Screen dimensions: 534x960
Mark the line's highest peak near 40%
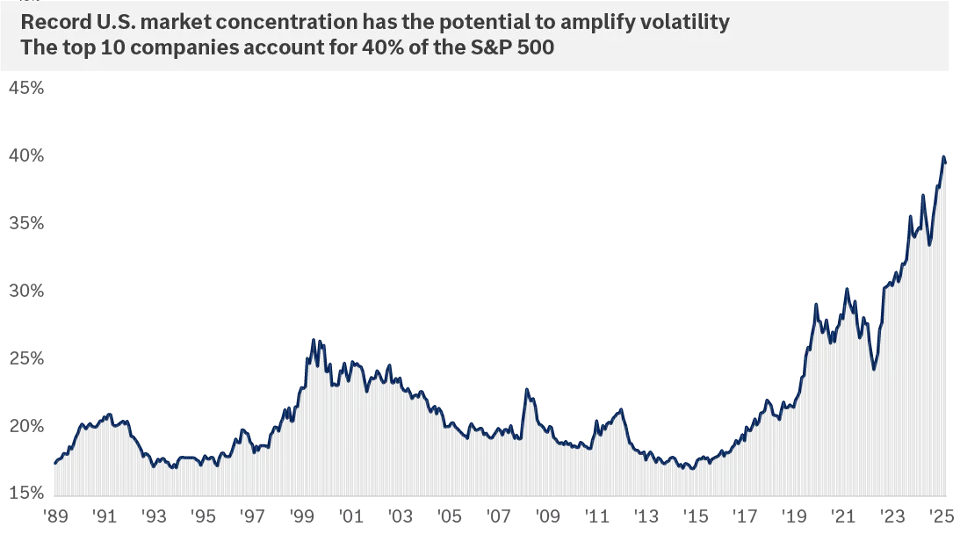[x=943, y=158]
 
